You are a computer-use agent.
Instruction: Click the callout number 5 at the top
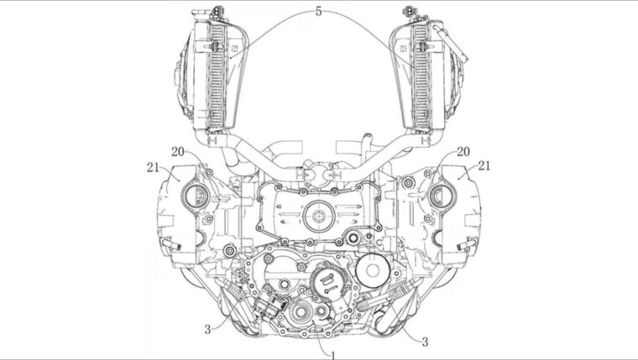coord(318,11)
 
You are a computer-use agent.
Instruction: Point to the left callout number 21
coord(152,166)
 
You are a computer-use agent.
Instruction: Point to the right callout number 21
coord(485,166)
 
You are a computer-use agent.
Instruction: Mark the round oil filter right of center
coord(370,270)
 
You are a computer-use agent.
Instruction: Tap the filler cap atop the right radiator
coord(411,12)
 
